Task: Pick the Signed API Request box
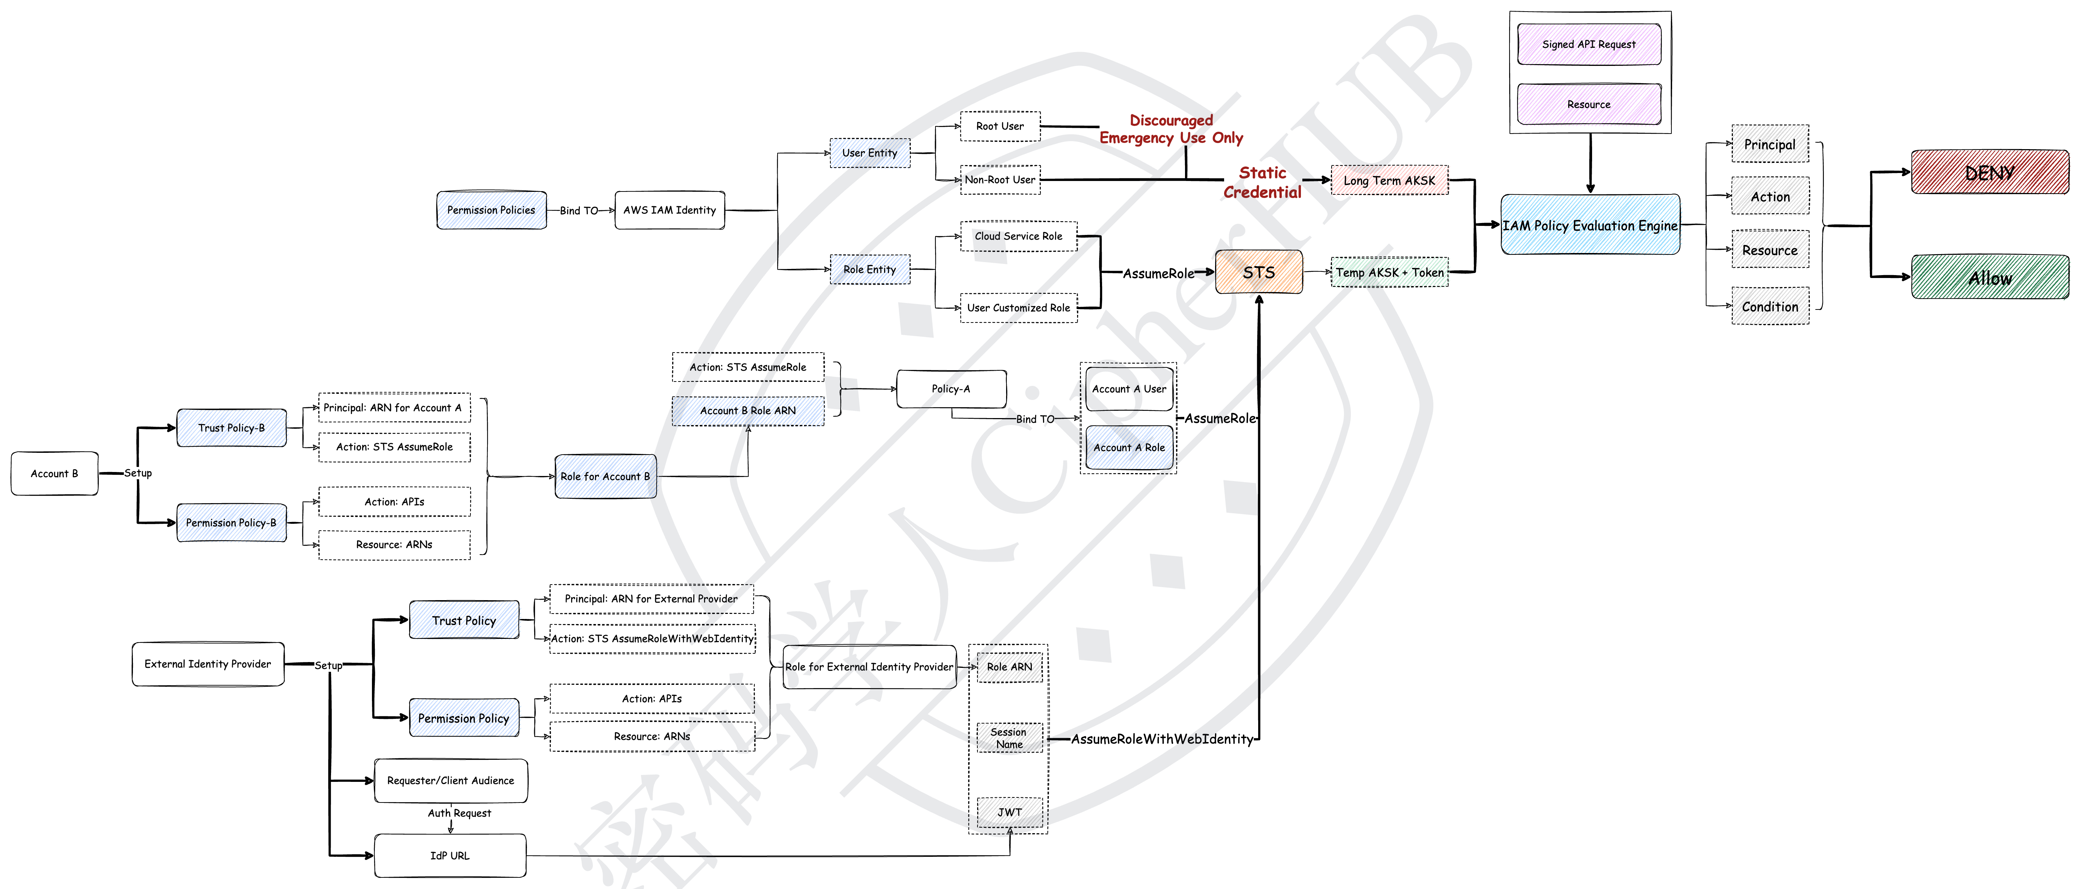(x=1588, y=45)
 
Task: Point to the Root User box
(x=999, y=127)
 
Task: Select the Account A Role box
(x=1129, y=447)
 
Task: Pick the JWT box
(x=1009, y=812)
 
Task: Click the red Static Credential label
(x=1262, y=182)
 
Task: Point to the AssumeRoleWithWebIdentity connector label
(x=1162, y=739)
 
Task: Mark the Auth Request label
(x=459, y=813)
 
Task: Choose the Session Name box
(x=1009, y=738)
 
